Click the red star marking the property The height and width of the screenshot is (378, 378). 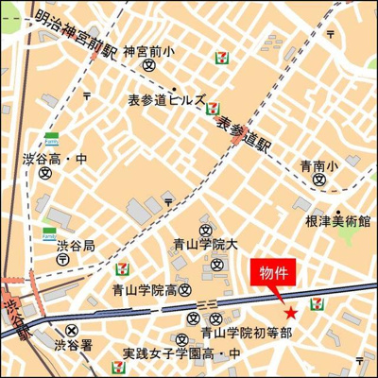coord(290,313)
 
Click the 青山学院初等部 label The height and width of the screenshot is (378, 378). coord(246,333)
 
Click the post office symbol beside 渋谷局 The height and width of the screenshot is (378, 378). coord(61,259)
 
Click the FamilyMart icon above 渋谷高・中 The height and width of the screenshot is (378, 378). coord(55,138)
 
